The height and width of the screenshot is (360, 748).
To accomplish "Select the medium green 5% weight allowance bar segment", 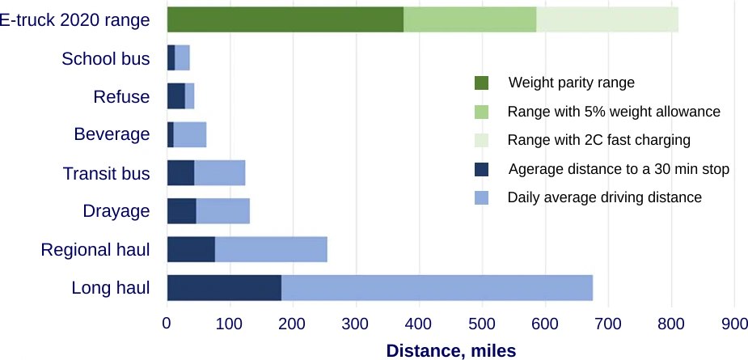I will pyautogui.click(x=470, y=19).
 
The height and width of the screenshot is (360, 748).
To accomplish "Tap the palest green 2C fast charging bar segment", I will pyautogui.click(x=606, y=19).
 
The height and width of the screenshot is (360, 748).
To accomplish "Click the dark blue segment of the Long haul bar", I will pyautogui.click(x=223, y=288).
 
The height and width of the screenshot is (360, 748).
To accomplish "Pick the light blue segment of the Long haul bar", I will pyautogui.click(x=437, y=288).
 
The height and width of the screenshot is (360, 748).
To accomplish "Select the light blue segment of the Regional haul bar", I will pyautogui.click(x=271, y=249).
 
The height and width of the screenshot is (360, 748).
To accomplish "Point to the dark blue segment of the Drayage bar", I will pyautogui.click(x=181, y=211).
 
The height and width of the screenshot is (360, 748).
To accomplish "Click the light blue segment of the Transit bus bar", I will pyautogui.click(x=219, y=173).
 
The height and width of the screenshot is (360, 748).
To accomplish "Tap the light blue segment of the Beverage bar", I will pyautogui.click(x=190, y=134).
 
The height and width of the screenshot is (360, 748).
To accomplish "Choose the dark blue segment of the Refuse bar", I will pyautogui.click(x=175, y=96).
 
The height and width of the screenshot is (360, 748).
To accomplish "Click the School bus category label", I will pyautogui.click(x=106, y=59).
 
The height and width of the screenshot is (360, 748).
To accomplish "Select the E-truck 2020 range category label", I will pyautogui.click(x=74, y=20).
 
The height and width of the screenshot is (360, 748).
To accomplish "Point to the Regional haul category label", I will pyautogui.click(x=95, y=250).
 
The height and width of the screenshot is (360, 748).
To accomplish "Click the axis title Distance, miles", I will pyautogui.click(x=450, y=350).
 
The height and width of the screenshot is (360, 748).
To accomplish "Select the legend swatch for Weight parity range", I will pyautogui.click(x=482, y=83).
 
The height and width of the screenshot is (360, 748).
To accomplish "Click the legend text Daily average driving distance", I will pyautogui.click(x=604, y=197).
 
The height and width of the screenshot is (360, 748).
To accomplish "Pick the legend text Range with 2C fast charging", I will pyautogui.click(x=598, y=140).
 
